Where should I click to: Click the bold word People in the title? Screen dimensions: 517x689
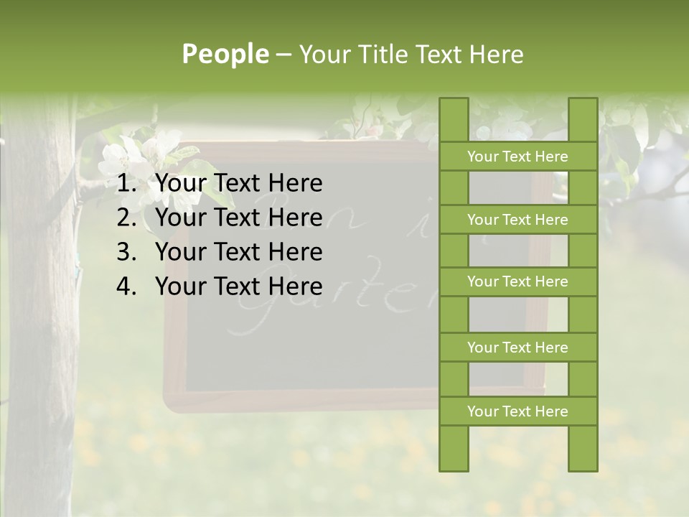225,55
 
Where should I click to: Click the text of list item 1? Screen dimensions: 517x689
238,184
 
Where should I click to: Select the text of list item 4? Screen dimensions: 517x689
238,287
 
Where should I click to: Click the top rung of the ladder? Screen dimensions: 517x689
517,157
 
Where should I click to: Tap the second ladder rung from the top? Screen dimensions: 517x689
517,220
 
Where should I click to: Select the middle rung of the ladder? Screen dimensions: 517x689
517,281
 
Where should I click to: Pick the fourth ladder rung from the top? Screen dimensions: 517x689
517,348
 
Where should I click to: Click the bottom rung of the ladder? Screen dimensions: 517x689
517,411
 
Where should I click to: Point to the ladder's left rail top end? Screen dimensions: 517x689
454,104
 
